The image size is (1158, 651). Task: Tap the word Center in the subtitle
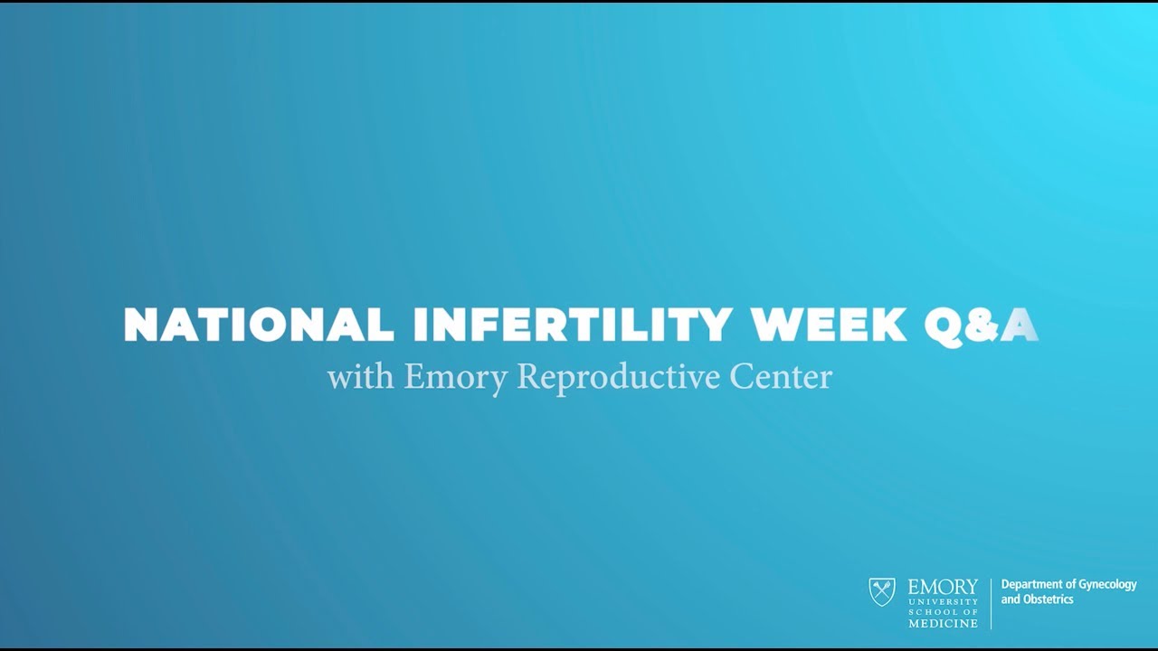click(781, 376)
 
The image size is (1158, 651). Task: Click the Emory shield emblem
click(882, 592)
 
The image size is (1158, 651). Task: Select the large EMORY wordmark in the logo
click(943, 588)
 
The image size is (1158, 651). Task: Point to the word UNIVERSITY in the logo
click(943, 601)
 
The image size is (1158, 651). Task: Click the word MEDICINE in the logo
click(943, 623)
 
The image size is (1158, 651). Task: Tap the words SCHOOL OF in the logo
click(943, 612)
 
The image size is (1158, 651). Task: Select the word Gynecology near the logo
click(1106, 585)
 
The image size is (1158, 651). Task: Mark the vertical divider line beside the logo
click(991, 603)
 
